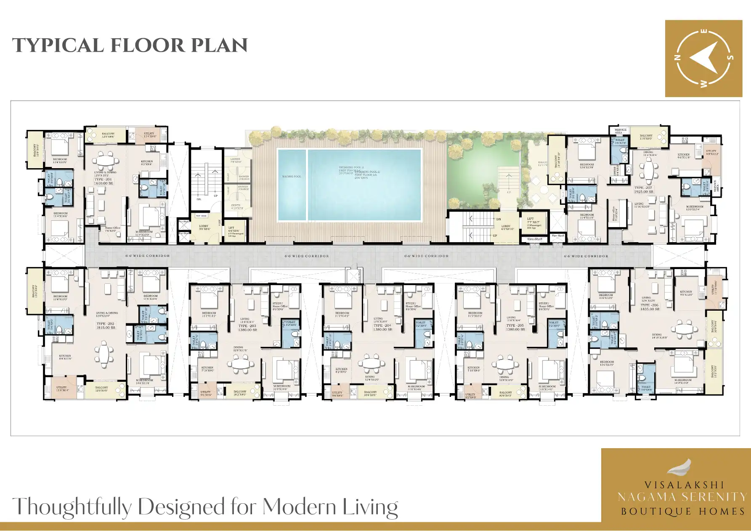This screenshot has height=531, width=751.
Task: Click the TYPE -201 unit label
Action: click(103, 180)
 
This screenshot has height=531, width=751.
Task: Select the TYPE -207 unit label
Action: click(643, 188)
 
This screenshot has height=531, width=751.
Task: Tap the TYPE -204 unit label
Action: click(382, 325)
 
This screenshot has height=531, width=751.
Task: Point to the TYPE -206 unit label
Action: click(650, 305)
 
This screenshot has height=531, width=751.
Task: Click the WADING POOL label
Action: click(292, 177)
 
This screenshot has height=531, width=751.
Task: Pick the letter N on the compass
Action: click(677, 58)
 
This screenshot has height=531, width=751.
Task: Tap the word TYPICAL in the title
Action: click(58, 45)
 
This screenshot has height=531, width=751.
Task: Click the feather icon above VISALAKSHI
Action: click(680, 467)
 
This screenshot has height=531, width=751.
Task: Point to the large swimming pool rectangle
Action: click(364, 185)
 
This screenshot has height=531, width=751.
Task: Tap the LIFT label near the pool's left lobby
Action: click(231, 228)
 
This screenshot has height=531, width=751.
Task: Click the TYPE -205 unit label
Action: click(515, 325)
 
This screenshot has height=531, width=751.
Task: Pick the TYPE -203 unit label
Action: click(247, 326)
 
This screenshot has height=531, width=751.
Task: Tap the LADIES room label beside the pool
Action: click(235, 159)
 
